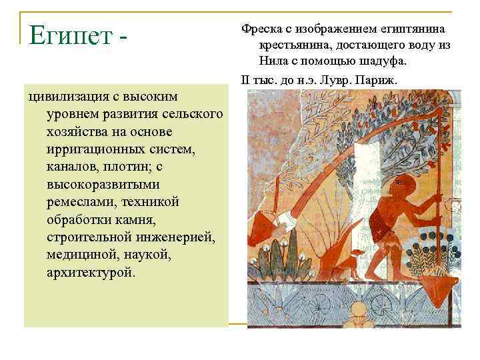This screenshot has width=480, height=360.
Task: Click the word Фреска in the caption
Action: [x=262, y=29]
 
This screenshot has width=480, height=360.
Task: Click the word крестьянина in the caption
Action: [x=291, y=45]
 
